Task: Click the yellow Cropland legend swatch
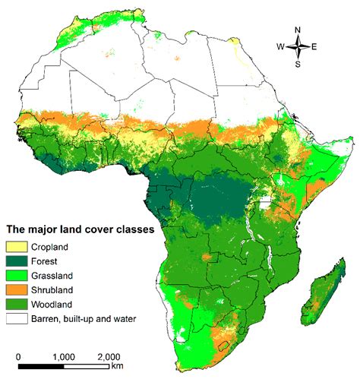tap(17, 247)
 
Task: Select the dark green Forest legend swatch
tap(17, 261)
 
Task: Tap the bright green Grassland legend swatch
tap(17, 276)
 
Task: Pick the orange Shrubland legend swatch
tap(17, 290)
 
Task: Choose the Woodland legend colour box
tap(17, 305)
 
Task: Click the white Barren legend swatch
tap(17, 319)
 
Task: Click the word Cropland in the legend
tap(52, 247)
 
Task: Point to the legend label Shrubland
tap(53, 290)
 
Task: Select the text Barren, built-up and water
tap(84, 319)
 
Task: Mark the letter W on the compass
tap(280, 47)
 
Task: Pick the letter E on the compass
tap(314, 47)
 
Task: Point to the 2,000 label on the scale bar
tap(109, 355)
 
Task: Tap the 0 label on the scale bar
tap(18, 355)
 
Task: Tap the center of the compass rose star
tap(298, 47)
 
